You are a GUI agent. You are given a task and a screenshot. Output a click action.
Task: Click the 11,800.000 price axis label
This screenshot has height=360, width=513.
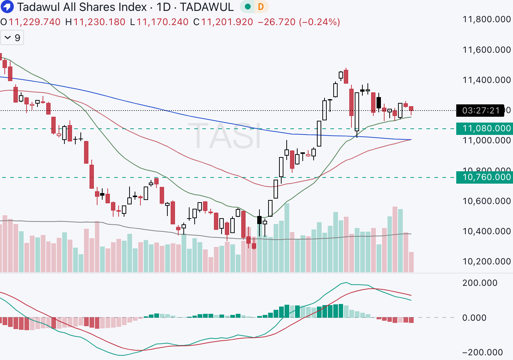(x=486, y=19)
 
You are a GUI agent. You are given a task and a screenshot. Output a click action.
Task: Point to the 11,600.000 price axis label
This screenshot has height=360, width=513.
(x=486, y=50)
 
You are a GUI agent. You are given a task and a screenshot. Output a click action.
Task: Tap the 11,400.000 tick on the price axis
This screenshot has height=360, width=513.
(x=486, y=80)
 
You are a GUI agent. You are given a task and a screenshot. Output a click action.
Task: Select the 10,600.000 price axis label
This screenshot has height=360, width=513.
(x=486, y=201)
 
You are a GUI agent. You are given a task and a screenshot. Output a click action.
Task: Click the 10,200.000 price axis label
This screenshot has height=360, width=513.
(x=486, y=261)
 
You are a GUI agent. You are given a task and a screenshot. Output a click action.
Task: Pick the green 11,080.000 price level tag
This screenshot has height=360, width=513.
(x=484, y=128)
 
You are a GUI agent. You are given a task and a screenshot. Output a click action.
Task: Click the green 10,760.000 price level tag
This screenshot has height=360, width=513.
(x=484, y=177)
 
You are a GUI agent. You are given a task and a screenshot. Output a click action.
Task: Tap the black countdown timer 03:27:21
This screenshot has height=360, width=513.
(x=481, y=111)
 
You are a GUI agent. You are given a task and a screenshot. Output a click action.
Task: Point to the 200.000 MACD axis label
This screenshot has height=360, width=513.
(x=480, y=283)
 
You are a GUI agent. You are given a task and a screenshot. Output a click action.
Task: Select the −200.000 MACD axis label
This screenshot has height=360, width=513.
(x=482, y=352)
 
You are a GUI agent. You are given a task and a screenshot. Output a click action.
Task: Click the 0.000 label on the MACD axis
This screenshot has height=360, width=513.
(x=474, y=318)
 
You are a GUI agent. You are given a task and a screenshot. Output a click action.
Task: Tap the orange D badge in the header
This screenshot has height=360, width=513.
(x=261, y=7)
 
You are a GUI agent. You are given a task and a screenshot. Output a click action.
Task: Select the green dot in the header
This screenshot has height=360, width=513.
(x=248, y=7)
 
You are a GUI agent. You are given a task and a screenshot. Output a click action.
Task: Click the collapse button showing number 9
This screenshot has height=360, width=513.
(x=12, y=38)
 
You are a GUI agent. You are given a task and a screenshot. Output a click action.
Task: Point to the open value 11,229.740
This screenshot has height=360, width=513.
(x=35, y=22)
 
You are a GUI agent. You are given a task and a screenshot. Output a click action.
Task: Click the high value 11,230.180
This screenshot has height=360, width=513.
(x=99, y=22)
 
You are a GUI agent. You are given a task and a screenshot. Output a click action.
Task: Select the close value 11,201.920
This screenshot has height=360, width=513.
(x=227, y=22)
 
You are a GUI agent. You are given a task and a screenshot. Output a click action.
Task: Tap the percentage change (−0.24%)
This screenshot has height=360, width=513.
(x=319, y=22)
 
